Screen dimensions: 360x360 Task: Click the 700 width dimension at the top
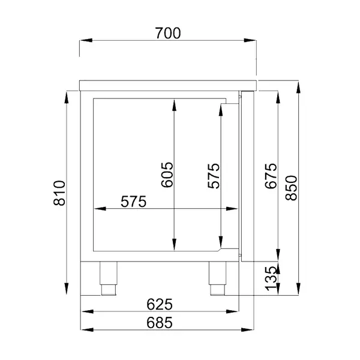[x=167, y=34]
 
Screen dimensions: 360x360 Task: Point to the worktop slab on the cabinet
[x=168, y=84]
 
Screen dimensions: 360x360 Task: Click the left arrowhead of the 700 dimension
[x=85, y=41]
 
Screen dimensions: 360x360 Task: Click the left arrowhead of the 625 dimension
[x=85, y=311]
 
